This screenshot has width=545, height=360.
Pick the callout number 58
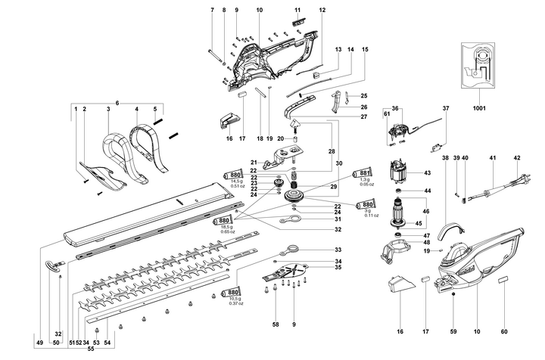tap(276, 324)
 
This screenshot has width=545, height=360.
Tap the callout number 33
tap(338, 250)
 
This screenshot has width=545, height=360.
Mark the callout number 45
tap(416, 223)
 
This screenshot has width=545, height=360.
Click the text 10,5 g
tap(235, 299)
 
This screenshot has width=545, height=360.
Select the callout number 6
tap(117, 103)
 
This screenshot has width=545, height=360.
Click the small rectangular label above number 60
tap(503, 281)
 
